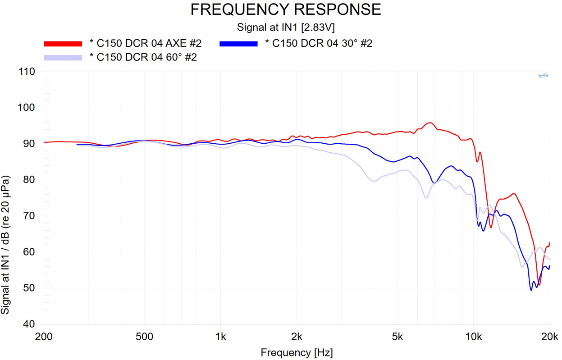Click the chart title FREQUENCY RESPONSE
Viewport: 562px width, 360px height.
(286, 9)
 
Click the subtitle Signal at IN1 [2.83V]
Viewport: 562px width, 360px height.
(286, 28)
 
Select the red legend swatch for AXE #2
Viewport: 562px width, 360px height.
(63, 44)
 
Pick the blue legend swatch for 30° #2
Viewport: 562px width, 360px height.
(238, 44)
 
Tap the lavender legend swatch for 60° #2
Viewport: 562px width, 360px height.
(63, 57)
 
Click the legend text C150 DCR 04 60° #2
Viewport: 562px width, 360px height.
(143, 57)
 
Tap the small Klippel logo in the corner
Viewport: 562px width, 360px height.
(543, 76)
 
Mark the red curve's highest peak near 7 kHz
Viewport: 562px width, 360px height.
(430, 123)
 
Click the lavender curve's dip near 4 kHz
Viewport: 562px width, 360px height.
(374, 181)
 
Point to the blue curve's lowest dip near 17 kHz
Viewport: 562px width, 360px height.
(531, 290)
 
